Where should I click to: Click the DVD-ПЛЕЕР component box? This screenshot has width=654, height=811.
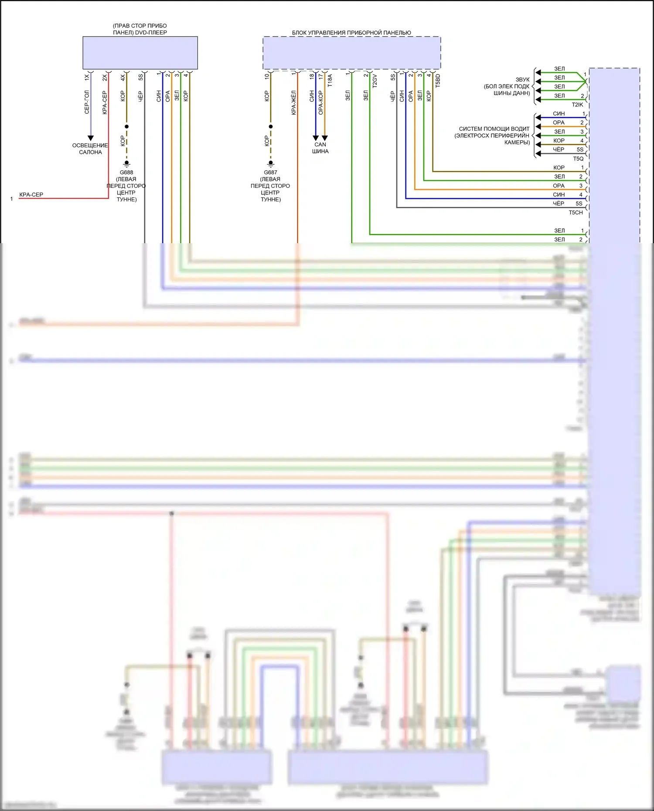[x=140, y=53]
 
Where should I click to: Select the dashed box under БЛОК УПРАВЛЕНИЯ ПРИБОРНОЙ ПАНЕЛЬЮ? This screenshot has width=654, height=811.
[x=351, y=53]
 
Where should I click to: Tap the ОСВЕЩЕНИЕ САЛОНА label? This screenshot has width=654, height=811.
[x=90, y=149]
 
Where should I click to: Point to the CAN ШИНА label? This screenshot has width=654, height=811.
[x=320, y=148]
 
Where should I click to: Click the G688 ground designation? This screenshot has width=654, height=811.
[x=126, y=172]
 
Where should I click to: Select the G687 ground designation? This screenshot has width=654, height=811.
[x=270, y=172]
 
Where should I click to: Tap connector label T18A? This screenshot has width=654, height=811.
[x=330, y=81]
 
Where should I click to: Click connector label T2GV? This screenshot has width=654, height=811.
[x=375, y=81]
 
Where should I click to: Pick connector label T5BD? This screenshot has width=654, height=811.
[x=438, y=81]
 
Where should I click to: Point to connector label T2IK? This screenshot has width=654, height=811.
[x=577, y=105]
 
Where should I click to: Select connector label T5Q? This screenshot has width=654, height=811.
[x=578, y=159]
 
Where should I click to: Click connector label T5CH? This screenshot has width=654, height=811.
[x=576, y=213]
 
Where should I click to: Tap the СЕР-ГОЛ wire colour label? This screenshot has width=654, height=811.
[x=87, y=102]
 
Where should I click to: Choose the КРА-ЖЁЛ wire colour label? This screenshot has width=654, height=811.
[x=294, y=103]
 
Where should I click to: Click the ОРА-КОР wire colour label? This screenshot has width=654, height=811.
[x=321, y=103]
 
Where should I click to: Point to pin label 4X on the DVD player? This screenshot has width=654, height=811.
[x=123, y=77]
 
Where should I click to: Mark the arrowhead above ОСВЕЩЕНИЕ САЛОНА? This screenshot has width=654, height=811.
[x=91, y=138]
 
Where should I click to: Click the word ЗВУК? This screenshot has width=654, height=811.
[x=522, y=80]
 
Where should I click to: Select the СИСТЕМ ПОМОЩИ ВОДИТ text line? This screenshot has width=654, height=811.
[x=494, y=129]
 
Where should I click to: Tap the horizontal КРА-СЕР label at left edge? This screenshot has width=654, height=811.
[x=31, y=195]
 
